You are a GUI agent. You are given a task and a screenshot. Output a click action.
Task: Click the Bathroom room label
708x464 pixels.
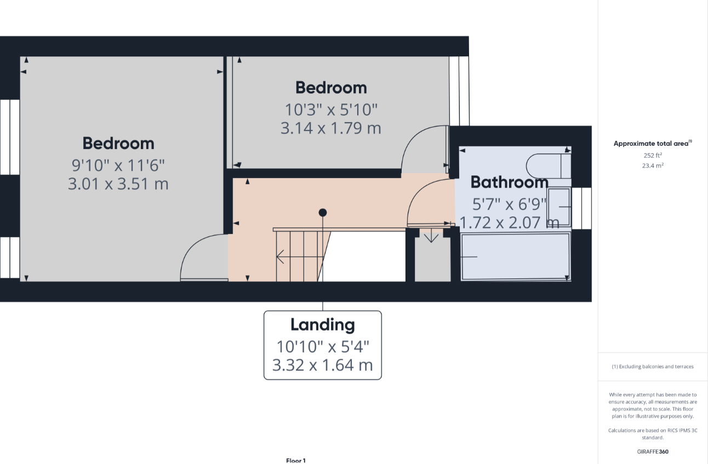pyautogui.click(x=509, y=182)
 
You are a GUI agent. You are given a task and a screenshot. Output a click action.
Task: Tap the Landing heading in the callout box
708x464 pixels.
pyautogui.click(x=323, y=325)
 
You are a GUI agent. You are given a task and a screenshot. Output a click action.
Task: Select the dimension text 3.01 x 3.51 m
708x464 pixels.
pyautogui.click(x=118, y=184)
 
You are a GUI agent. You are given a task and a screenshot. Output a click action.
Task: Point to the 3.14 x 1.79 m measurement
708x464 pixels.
pyautogui.click(x=331, y=128)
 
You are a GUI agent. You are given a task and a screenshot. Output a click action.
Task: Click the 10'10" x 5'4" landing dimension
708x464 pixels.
pyautogui.click(x=323, y=347)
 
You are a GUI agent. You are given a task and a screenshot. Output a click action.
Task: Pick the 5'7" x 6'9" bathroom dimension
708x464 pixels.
pyautogui.click(x=509, y=204)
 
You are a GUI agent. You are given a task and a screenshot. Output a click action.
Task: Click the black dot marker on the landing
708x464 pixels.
pyautogui.click(x=323, y=213)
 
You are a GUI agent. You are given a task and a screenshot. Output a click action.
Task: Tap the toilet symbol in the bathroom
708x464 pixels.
pyautogui.click(x=549, y=166)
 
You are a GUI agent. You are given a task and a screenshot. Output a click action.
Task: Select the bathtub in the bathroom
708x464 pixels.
pyautogui.click(x=516, y=257)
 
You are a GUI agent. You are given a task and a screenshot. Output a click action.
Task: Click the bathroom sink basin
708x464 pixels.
pyautogui.click(x=559, y=207)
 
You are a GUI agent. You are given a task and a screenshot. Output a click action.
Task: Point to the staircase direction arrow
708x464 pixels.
pyautogui.click(x=299, y=257)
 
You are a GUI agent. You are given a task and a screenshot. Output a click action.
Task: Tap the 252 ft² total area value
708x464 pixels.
pyautogui.click(x=653, y=155)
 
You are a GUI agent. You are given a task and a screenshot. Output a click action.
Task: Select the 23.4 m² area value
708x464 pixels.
pyautogui.click(x=653, y=165)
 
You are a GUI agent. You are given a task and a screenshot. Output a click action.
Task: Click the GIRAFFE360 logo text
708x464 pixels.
pyautogui.click(x=653, y=451)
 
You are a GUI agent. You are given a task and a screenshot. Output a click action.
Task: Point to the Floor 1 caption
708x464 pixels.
pyautogui.click(x=296, y=461)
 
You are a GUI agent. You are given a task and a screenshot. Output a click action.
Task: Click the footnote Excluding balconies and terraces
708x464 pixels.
pyautogui.click(x=653, y=366)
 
